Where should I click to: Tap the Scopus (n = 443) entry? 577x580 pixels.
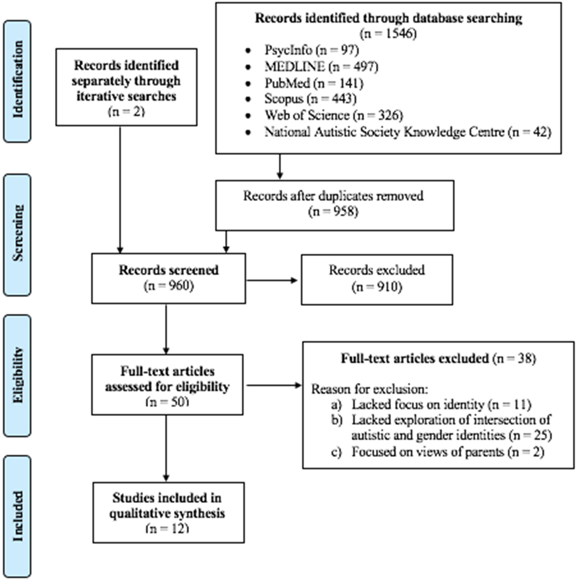[310, 99]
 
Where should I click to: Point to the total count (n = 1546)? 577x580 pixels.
[388, 34]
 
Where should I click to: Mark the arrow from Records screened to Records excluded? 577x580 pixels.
[272, 280]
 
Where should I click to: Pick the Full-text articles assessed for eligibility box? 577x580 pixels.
[167, 385]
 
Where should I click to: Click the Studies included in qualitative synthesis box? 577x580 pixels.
[168, 513]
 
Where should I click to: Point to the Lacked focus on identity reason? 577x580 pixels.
[431, 404]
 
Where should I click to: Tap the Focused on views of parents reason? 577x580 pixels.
[438, 452]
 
